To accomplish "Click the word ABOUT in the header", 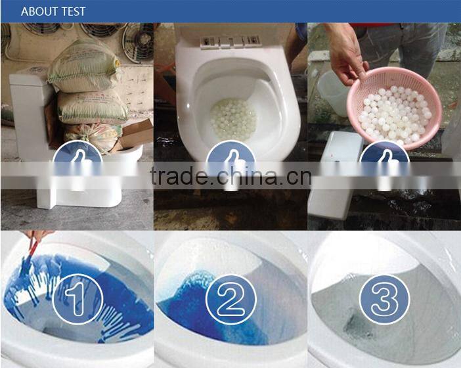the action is point(39,11).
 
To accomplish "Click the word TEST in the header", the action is point(73,11).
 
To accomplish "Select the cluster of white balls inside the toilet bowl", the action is point(234,119).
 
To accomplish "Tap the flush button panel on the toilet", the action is point(230,41).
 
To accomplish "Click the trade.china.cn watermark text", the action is point(230,176).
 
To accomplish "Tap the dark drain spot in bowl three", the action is point(357,326).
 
